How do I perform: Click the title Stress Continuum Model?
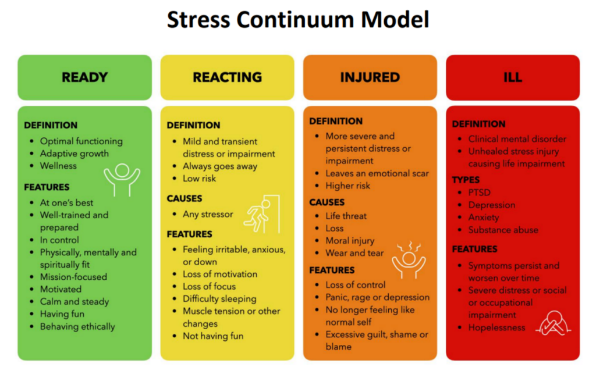[x=298, y=20]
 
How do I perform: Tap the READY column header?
[x=84, y=77]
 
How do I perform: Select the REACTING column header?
[x=227, y=77]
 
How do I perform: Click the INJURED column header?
[x=370, y=77]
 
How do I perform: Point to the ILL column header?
[x=513, y=77]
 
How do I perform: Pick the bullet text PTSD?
[x=480, y=193]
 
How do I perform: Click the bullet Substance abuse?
[x=503, y=230]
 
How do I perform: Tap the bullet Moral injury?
[x=350, y=241]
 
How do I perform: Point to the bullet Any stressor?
[x=208, y=214]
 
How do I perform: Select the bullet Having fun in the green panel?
[x=62, y=314]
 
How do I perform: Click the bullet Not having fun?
[x=213, y=336]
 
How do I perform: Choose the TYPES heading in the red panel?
[x=466, y=180]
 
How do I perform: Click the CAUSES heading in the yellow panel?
[x=185, y=198]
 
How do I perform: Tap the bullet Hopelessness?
[x=496, y=327]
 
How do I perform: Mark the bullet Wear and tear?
[x=354, y=253]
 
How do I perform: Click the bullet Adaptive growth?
[x=74, y=154]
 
